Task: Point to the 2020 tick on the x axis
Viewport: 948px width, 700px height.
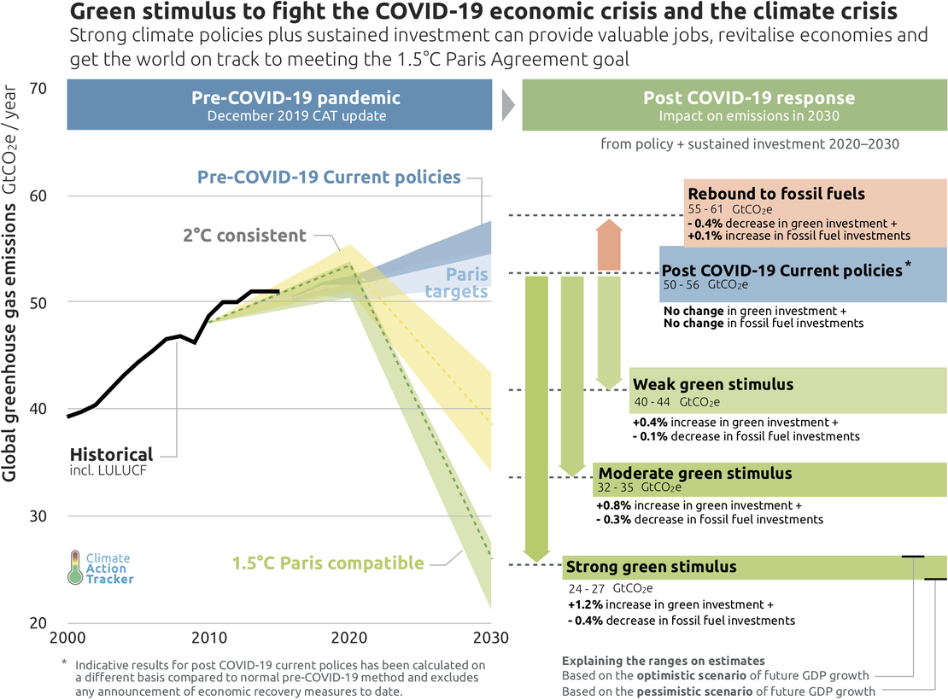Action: [348, 638]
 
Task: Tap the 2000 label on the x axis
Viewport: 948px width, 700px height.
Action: [67, 638]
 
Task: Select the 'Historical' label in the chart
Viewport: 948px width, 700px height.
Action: [111, 454]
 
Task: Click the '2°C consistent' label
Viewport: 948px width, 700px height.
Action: [244, 235]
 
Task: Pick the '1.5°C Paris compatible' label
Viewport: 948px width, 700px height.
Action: [328, 563]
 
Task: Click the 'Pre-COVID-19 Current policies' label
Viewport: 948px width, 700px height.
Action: [329, 178]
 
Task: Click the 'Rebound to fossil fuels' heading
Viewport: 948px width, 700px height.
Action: [776, 194]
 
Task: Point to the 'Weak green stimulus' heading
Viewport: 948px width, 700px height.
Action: [713, 384]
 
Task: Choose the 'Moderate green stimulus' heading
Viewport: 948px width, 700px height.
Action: [695, 473]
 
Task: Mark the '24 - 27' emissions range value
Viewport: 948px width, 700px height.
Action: [587, 588]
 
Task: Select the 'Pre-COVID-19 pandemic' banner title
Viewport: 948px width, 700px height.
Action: [296, 98]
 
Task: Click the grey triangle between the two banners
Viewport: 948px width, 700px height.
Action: [507, 104]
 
